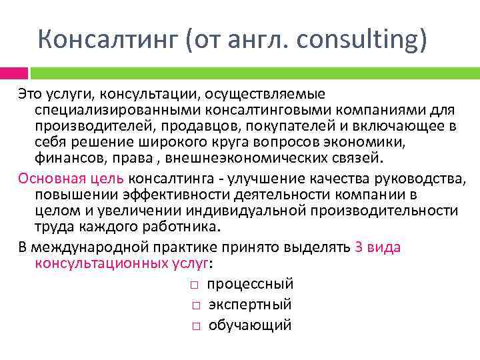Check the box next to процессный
coord(192,285)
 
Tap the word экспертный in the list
coord(250,305)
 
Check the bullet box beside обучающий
coord(192,326)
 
